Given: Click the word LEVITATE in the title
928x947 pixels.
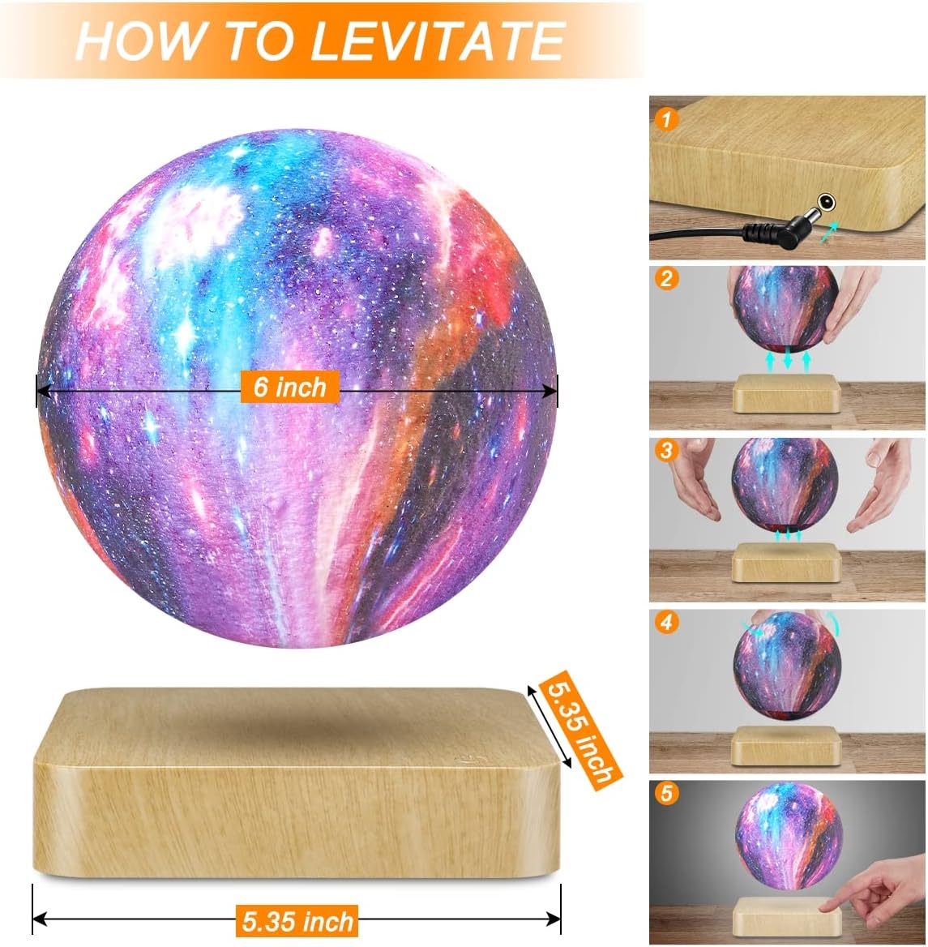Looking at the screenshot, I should [438, 41].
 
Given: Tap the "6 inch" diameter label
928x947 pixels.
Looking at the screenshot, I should [289, 387].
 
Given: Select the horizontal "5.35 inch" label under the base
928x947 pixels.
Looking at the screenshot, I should [298, 921].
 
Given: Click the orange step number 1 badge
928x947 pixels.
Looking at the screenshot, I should [666, 120].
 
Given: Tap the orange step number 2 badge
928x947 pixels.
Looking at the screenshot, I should [666, 279].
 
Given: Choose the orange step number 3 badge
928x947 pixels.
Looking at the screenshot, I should [666, 450].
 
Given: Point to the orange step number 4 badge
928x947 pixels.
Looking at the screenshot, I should [666, 623].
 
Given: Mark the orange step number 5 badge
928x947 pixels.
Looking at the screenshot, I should [666, 792].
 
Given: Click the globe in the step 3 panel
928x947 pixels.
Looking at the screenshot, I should [785, 485].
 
